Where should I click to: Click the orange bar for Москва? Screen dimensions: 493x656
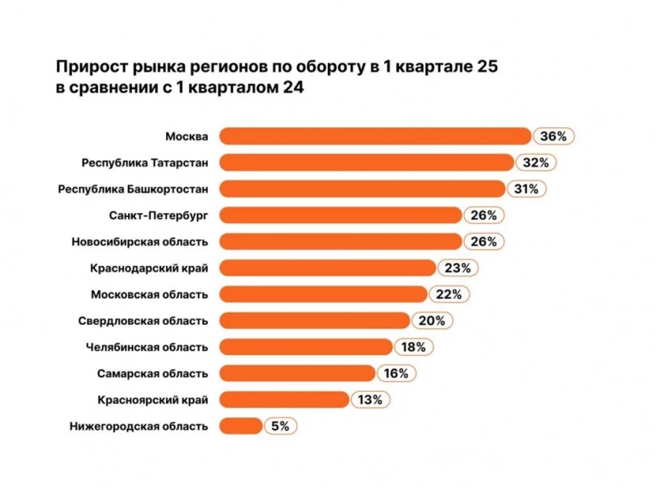[x=375, y=137]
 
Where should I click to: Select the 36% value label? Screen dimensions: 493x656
[x=553, y=137]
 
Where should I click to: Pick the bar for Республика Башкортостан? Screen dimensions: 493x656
[x=362, y=189]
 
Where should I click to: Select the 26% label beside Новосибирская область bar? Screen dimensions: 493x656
[x=485, y=241]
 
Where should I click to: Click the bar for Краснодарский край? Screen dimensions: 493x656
[x=327, y=268]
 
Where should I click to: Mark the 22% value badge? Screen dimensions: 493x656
[x=449, y=294]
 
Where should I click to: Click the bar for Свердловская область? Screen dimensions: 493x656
[x=314, y=320]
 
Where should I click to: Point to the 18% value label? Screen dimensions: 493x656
[x=414, y=347]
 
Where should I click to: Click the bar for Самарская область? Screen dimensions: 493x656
[x=297, y=373]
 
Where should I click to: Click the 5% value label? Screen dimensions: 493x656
[x=281, y=426]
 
